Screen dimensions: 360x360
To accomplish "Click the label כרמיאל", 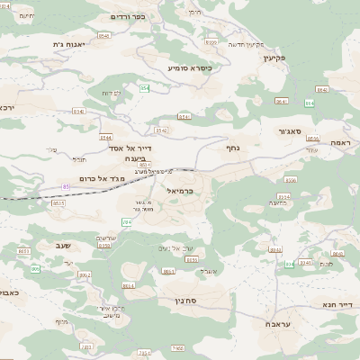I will (x=181, y=191).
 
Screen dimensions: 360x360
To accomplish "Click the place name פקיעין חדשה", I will (x=245, y=44).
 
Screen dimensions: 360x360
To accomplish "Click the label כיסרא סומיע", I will (x=190, y=67).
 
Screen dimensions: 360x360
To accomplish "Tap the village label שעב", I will (x=49, y=244).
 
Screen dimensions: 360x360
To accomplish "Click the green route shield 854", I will (x=144, y=87).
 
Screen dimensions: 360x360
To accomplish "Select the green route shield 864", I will (x=309, y=103).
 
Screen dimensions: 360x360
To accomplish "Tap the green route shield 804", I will (x=290, y=264).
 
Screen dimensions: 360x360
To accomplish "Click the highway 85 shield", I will (x=66, y=186).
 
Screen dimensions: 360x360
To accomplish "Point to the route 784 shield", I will (x=127, y=221).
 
